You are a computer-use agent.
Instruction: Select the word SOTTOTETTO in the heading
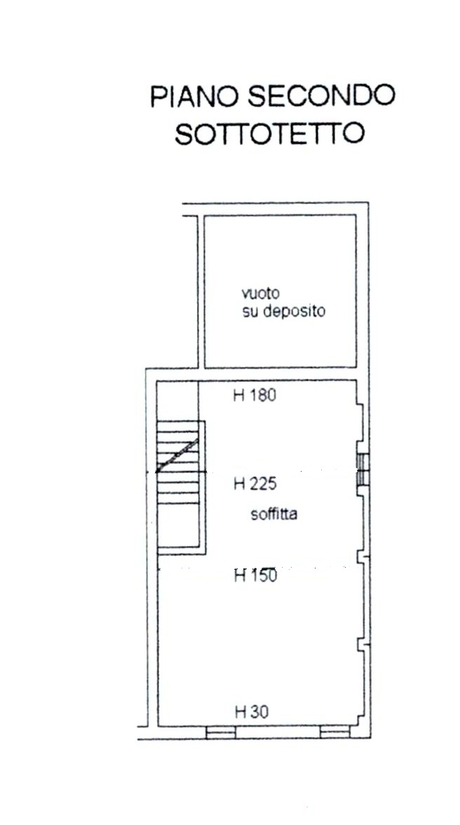pos(269,134)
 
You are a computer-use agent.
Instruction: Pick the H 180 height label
pos(255,395)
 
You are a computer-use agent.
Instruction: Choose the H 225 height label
pos(255,484)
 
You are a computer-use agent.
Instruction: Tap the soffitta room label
pos(273,514)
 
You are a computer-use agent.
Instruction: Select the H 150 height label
pos(255,575)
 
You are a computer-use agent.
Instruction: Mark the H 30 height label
pos(251,712)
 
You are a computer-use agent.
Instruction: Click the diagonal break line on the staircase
pos(178,455)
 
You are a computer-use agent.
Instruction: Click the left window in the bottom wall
pos(220,732)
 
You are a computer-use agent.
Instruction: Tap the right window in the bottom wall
pos(334,732)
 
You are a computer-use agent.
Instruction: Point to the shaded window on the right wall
pos(363,470)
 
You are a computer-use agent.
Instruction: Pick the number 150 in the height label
pos(262,575)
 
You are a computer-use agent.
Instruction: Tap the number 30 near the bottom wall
pos(258,712)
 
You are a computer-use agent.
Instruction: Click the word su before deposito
pos(249,312)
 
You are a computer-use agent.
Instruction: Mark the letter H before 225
pos(238,484)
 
